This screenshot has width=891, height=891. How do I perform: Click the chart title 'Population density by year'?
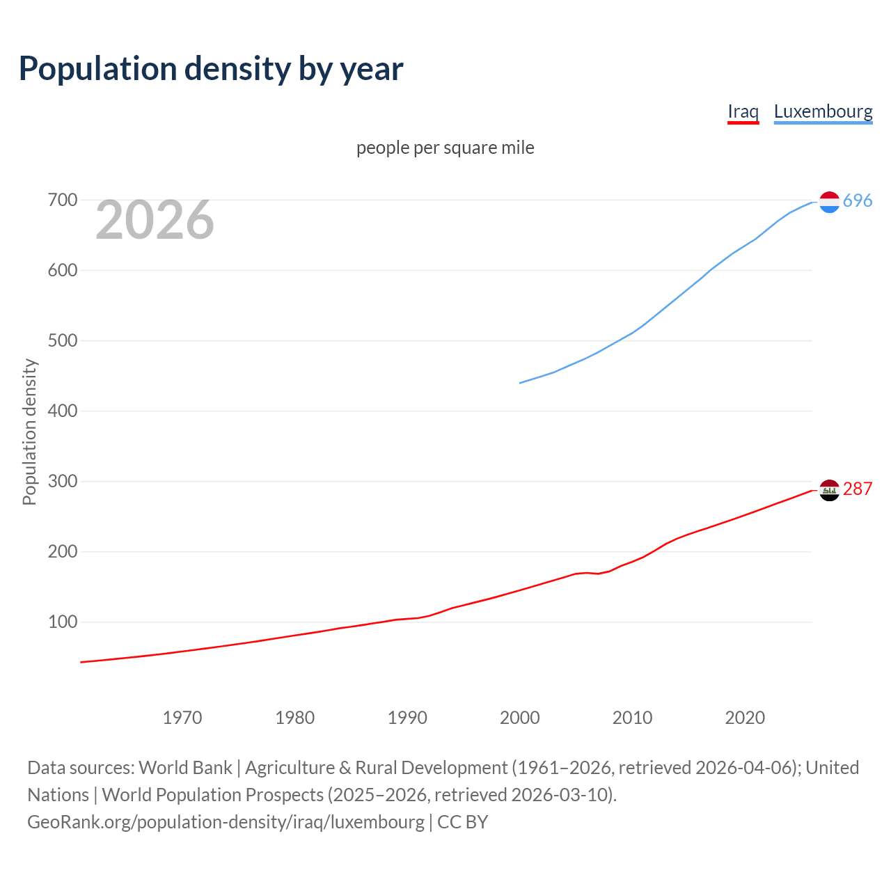click(211, 69)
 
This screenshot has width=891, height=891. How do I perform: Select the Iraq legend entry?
click(743, 111)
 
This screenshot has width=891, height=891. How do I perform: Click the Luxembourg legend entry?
click(823, 111)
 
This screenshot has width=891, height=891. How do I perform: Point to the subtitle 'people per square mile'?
click(445, 148)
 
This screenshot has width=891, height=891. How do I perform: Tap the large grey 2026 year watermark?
click(155, 220)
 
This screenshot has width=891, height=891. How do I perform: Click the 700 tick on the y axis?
click(62, 200)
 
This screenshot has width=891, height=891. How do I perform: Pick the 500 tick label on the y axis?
click(62, 341)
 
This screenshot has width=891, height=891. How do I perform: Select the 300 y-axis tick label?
click(62, 481)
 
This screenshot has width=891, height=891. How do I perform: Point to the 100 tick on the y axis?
click(62, 622)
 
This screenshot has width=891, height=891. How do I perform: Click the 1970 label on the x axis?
click(182, 718)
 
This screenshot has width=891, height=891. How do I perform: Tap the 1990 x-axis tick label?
click(407, 718)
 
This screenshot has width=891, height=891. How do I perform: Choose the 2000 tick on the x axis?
click(520, 718)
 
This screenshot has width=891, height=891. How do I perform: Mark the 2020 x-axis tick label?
click(745, 718)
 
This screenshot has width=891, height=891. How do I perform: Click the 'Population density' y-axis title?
click(29, 432)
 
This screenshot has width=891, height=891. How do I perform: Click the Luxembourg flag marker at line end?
click(829, 202)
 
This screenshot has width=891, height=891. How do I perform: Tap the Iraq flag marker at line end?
click(829, 490)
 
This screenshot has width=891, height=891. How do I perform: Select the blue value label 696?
click(858, 200)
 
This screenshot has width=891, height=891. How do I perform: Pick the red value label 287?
click(858, 489)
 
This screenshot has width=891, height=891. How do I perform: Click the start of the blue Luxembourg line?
click(521, 383)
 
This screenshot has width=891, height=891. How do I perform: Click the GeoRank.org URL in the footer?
click(226, 822)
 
